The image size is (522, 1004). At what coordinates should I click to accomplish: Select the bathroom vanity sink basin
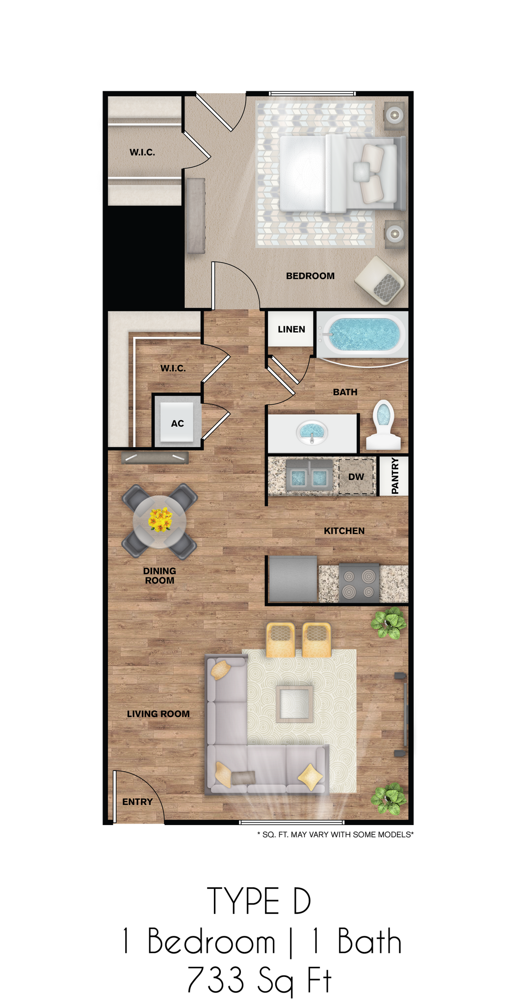pos(313,432)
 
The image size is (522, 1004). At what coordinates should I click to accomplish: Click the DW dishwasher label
pos(356,477)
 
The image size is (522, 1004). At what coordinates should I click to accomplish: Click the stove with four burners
pos(359,583)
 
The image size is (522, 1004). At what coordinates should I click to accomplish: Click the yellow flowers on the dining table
pos(160,520)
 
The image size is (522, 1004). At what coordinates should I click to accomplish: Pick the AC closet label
pos(177,424)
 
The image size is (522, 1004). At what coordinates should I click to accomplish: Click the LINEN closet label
pos(291,329)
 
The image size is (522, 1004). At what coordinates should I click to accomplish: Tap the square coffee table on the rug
pos(294,704)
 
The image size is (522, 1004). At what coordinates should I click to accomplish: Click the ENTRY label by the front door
pos(137,802)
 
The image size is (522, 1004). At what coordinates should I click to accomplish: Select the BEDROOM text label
pos(310,276)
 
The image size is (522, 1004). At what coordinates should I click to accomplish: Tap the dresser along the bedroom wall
pos(195,216)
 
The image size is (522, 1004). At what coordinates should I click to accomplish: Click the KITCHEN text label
pos(344,531)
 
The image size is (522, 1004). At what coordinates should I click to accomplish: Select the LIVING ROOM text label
pos(158,714)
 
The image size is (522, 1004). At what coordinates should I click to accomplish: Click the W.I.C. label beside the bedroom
pos(142,152)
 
